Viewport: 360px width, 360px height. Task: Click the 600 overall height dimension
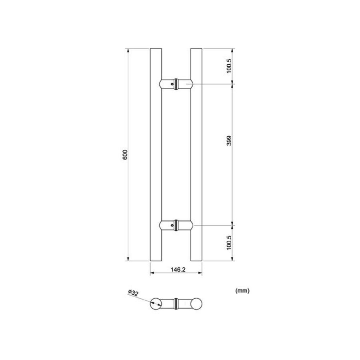[x=125, y=155]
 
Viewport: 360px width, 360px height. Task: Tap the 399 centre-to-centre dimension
[x=229, y=141]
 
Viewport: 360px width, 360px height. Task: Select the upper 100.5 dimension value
[x=229, y=66]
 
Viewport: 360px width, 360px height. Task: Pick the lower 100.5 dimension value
[x=229, y=243]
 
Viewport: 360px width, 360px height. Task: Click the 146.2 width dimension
[x=178, y=270]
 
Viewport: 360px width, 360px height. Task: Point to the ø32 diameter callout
[x=133, y=293]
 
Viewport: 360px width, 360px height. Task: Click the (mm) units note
[x=242, y=291]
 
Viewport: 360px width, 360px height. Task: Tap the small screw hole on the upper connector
[x=172, y=84]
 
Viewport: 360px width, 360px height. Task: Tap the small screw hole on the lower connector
[x=172, y=226]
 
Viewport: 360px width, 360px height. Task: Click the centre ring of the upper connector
[x=176, y=84]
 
